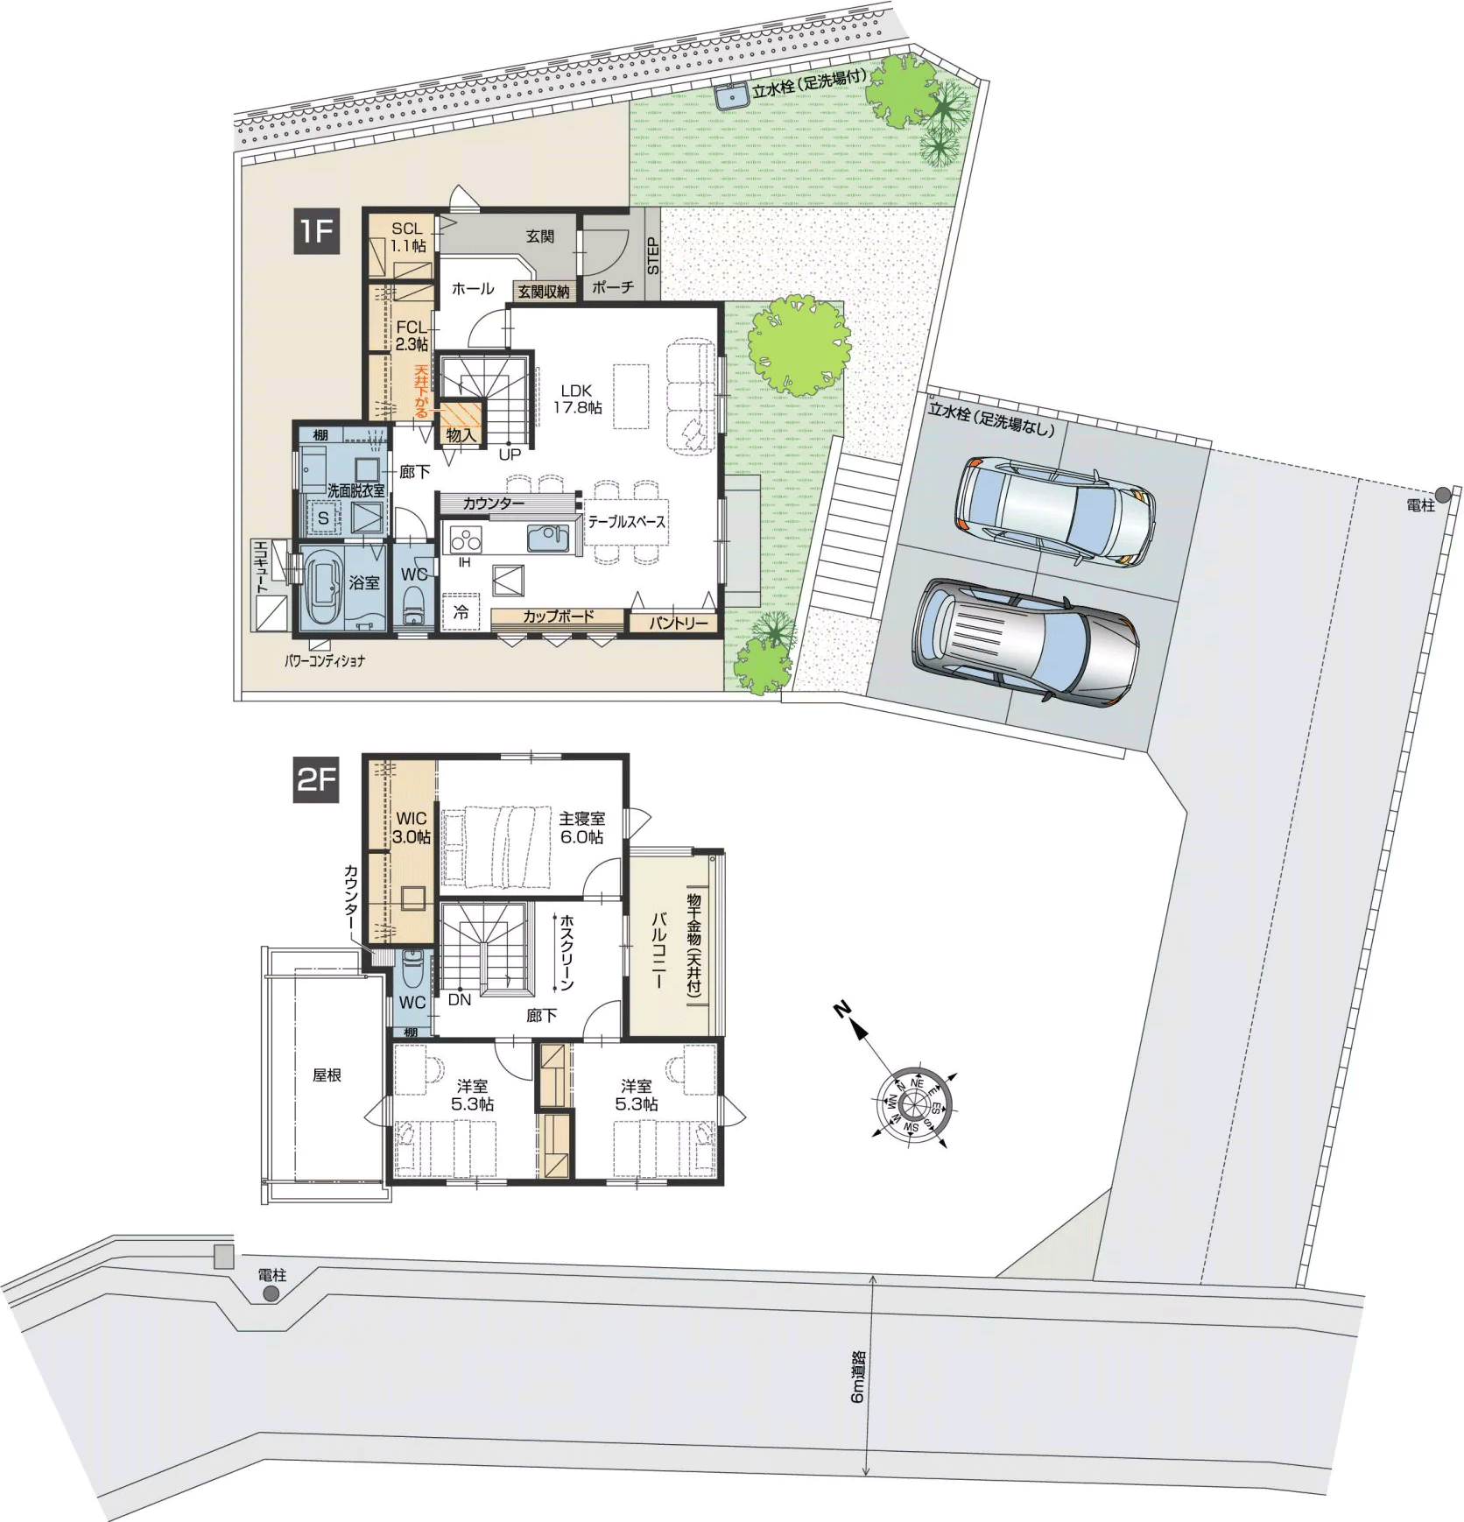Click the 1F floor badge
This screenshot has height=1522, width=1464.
click(x=316, y=231)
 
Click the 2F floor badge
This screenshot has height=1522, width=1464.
click(x=316, y=779)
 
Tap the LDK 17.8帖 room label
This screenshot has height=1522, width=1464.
click(x=577, y=398)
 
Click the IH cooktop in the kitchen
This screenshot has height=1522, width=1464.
click(x=465, y=539)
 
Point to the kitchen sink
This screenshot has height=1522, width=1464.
click(x=548, y=538)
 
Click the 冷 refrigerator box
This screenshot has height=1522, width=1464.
click(x=461, y=612)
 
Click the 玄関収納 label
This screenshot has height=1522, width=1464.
click(x=543, y=292)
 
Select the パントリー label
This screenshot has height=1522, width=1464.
click(x=679, y=623)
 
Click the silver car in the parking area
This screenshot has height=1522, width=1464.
click(x=1025, y=640)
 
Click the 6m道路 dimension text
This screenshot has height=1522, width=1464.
click(x=857, y=1376)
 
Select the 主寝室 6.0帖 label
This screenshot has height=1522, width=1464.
click(x=582, y=828)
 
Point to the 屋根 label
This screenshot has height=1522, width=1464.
click(x=327, y=1075)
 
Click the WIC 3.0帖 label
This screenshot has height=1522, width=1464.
click(x=412, y=828)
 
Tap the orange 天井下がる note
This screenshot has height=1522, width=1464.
click(x=422, y=391)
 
